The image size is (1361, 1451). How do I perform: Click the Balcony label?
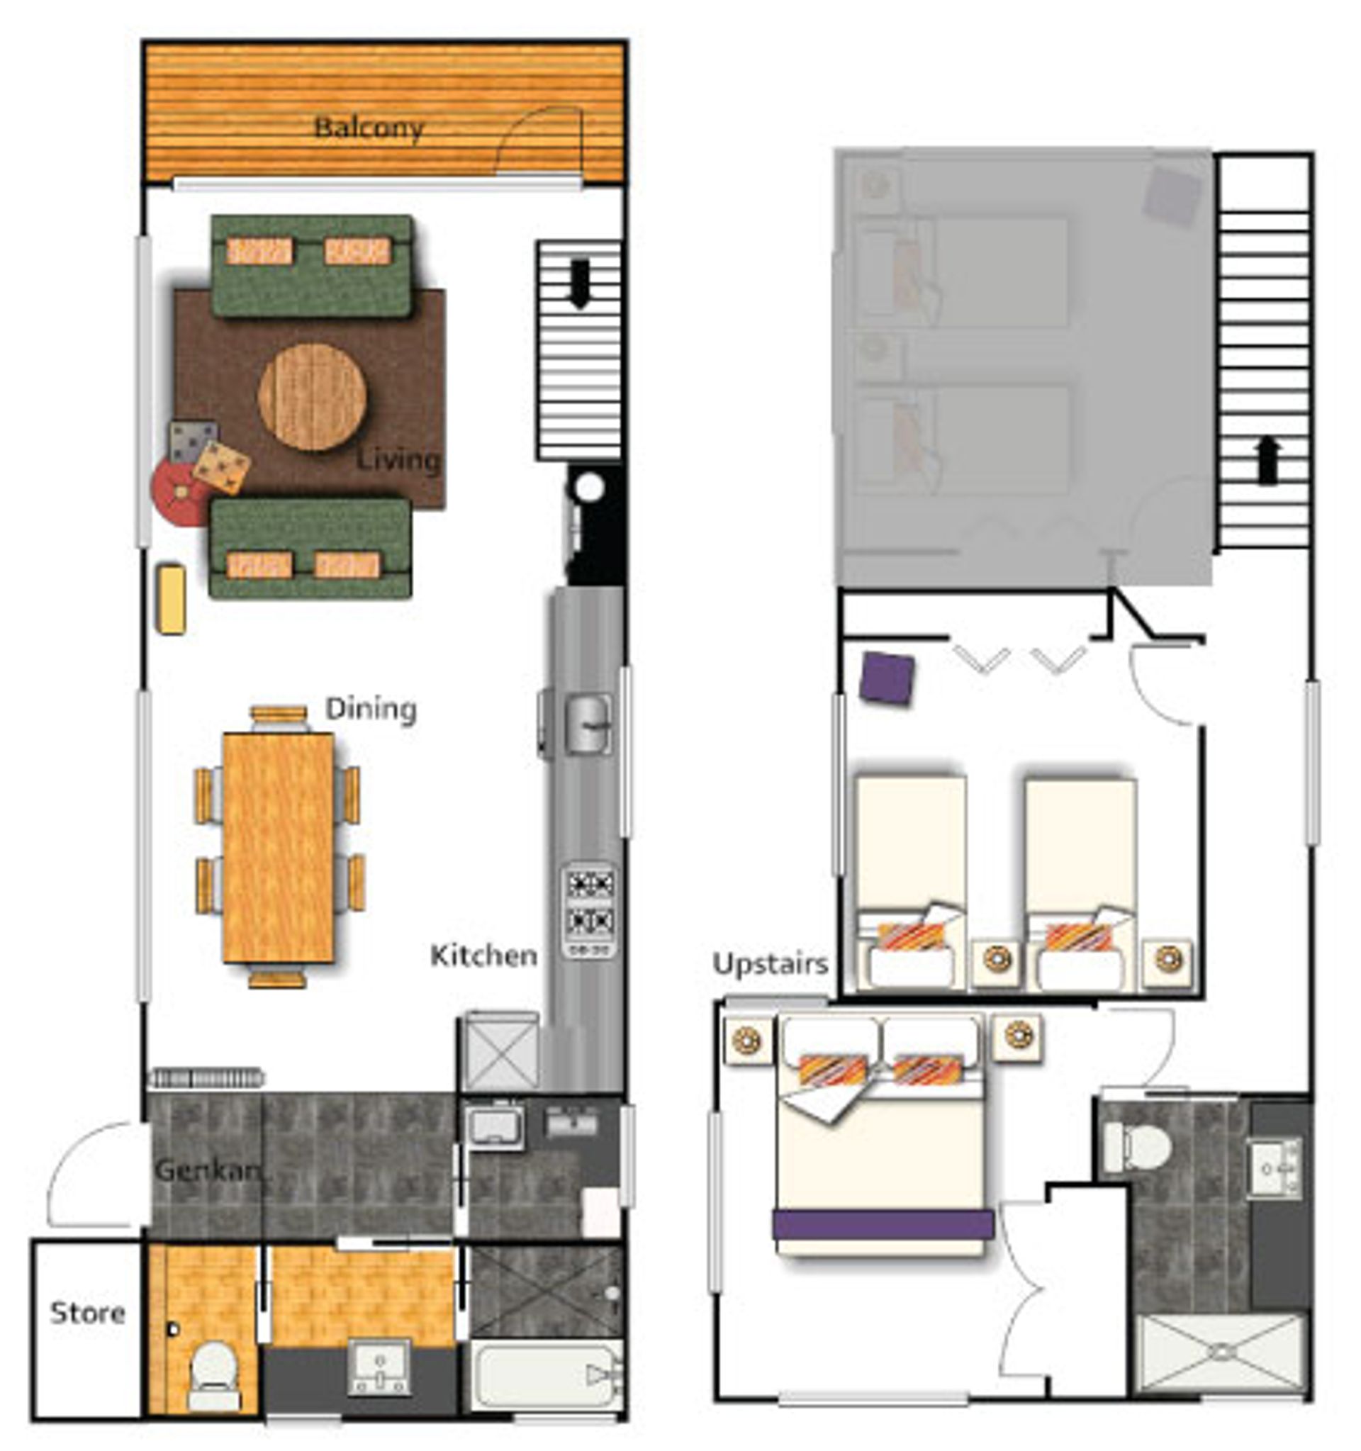click(369, 128)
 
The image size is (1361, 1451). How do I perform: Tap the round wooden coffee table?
click(313, 396)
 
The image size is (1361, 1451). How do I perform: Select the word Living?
click(398, 461)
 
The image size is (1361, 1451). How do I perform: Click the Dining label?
click(371, 708)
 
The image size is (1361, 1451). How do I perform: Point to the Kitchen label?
click(484, 956)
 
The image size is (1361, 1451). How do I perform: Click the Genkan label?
click(208, 1170)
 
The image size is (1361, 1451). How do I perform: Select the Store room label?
click(88, 1313)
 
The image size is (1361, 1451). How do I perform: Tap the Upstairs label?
click(771, 964)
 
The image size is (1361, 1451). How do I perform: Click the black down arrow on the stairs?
click(580, 284)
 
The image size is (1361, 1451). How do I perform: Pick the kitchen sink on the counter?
click(589, 724)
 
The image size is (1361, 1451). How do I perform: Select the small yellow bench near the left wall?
click(172, 599)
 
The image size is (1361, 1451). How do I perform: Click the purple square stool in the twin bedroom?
click(887, 678)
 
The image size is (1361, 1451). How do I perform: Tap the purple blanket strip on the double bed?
click(884, 1226)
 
